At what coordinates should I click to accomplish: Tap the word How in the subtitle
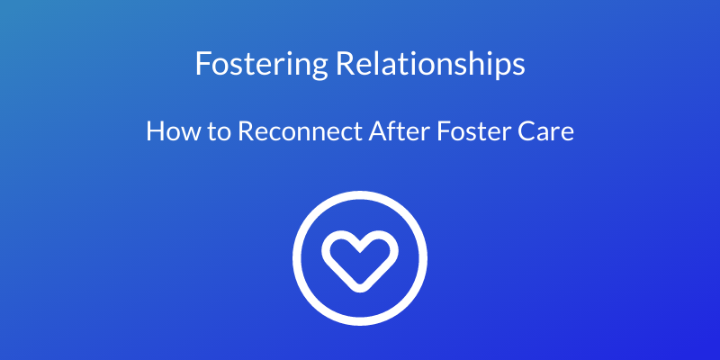pos(167,132)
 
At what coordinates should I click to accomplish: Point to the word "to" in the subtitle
pos(212,132)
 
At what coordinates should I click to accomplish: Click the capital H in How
pos(154,132)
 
